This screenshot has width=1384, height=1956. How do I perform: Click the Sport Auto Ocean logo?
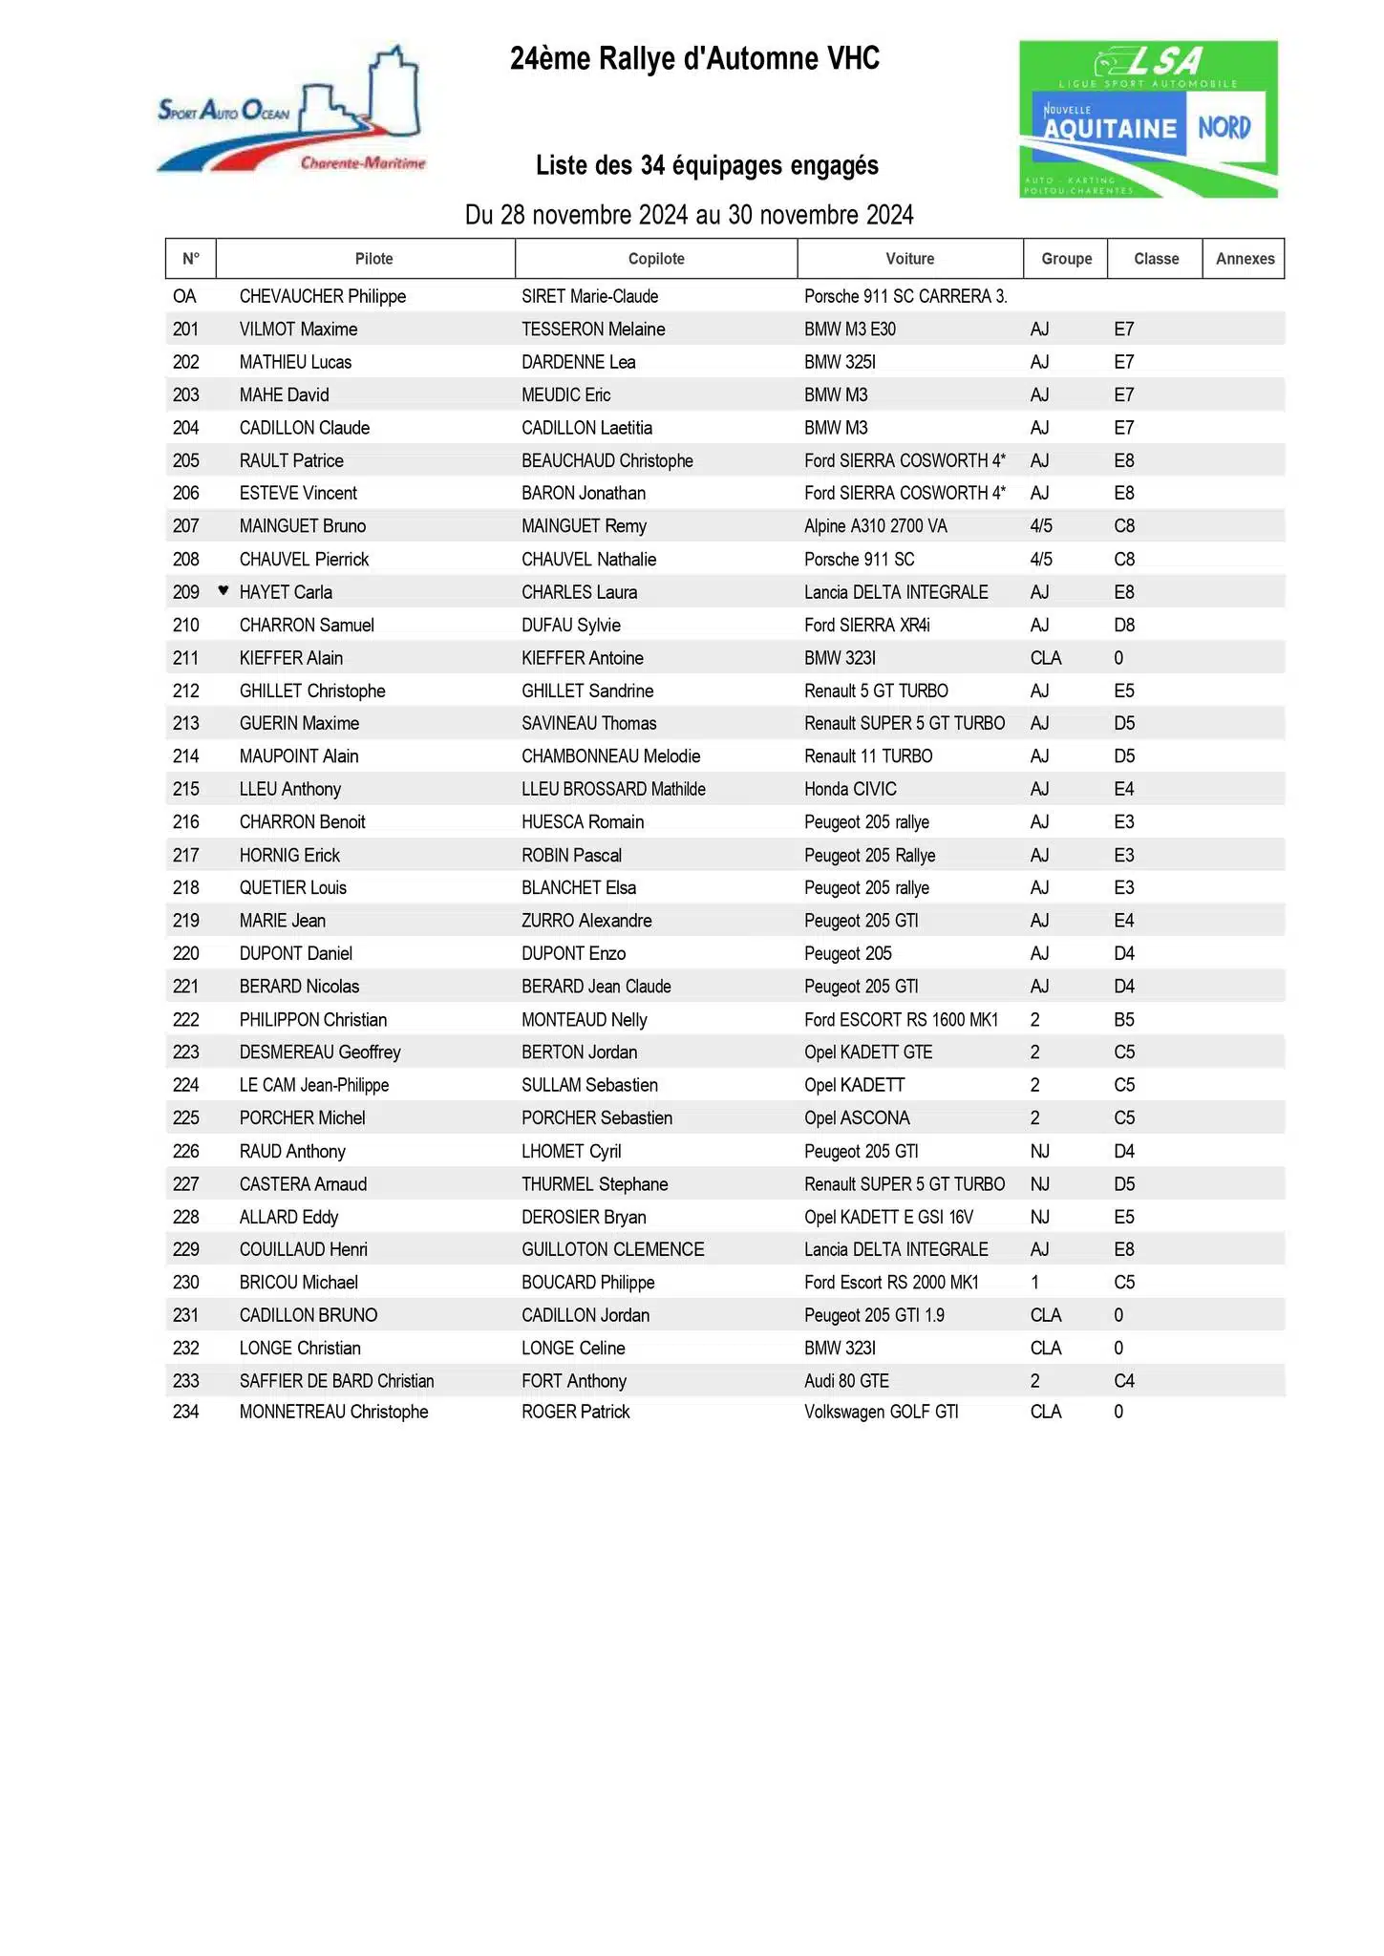(291, 113)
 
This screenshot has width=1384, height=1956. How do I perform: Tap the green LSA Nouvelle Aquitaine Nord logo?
(1147, 118)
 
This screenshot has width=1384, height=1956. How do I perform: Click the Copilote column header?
(656, 259)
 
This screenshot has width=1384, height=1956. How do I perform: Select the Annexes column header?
(1244, 259)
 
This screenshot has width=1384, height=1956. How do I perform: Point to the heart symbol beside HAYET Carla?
(224, 590)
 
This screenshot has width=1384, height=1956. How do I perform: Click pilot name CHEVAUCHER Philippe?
(322, 296)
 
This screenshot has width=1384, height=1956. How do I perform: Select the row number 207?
(186, 526)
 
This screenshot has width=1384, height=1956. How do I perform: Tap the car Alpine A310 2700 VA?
(875, 526)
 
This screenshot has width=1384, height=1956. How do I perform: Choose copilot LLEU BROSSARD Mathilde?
(613, 789)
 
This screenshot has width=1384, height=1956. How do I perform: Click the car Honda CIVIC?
(850, 789)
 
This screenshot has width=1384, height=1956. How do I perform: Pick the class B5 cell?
(1124, 1019)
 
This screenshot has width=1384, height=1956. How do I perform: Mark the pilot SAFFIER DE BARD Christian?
(336, 1381)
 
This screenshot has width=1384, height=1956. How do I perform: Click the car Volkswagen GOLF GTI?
(881, 1412)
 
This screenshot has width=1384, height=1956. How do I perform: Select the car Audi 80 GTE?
(846, 1381)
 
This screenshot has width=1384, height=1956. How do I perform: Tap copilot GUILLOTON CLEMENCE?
(612, 1249)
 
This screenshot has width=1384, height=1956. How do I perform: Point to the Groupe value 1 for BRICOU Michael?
(1035, 1283)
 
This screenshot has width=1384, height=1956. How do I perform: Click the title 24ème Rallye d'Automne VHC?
(694, 59)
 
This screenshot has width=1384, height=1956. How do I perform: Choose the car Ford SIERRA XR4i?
(866, 625)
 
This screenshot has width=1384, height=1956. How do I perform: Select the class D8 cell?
(1124, 625)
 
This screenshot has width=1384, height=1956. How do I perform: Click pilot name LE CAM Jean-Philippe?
(313, 1085)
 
